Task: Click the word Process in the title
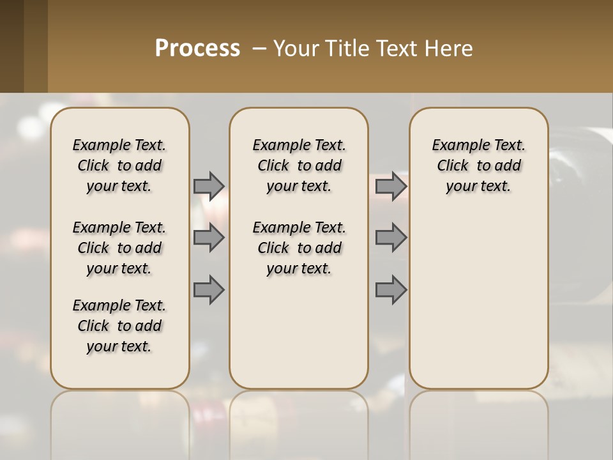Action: (197, 49)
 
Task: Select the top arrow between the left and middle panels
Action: (209, 186)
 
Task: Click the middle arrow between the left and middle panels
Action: (209, 238)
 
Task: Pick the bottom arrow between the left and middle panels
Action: (209, 289)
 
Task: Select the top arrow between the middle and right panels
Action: (391, 186)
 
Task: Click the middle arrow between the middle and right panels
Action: (391, 238)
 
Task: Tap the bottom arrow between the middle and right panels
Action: (391, 289)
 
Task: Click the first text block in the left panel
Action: (119, 165)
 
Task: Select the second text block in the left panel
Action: (119, 248)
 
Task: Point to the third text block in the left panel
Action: (119, 326)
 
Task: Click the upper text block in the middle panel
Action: (299, 165)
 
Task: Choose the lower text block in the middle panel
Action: (299, 248)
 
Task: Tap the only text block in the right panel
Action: (478, 165)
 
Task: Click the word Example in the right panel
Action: (455, 146)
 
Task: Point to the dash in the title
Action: (259, 49)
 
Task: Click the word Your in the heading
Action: (295, 49)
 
